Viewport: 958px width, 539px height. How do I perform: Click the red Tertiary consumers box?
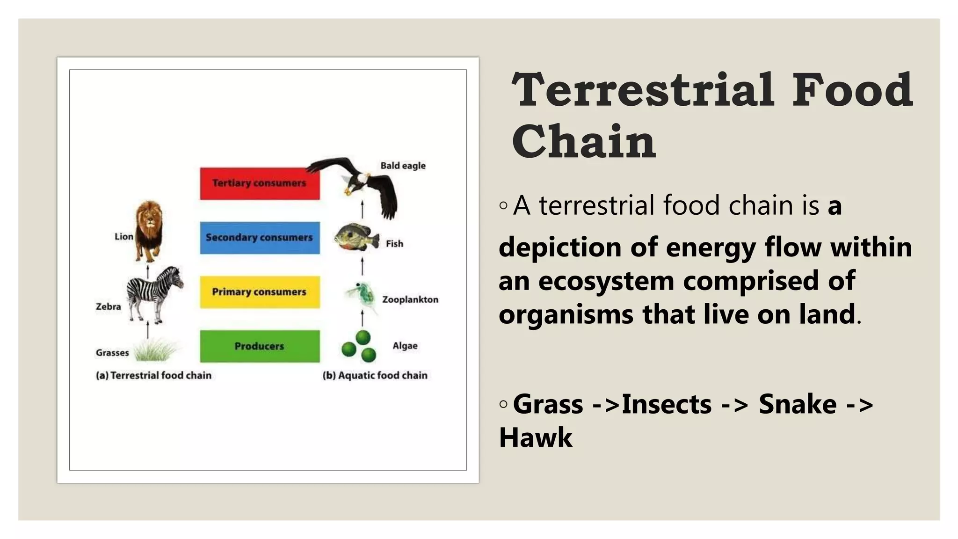(260, 183)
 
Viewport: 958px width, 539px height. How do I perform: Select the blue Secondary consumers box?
(260, 238)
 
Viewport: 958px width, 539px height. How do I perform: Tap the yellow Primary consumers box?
(260, 292)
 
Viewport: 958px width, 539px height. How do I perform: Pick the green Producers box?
(260, 346)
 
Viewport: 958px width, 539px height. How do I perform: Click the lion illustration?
(149, 230)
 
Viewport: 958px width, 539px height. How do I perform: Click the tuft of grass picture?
(155, 350)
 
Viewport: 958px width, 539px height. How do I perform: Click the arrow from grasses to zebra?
(148, 330)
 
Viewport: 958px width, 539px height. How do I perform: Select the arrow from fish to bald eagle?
(363, 210)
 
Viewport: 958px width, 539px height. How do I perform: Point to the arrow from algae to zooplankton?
(363, 318)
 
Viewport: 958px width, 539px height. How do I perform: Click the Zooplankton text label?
(410, 299)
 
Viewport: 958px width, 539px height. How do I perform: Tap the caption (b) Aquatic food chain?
(375, 375)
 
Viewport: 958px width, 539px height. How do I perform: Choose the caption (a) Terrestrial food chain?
(153, 375)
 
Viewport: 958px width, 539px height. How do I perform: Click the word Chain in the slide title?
(584, 141)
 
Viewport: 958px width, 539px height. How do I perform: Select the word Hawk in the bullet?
(536, 437)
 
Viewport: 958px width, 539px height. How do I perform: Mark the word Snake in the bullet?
(798, 404)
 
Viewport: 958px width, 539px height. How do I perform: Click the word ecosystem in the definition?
(606, 281)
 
